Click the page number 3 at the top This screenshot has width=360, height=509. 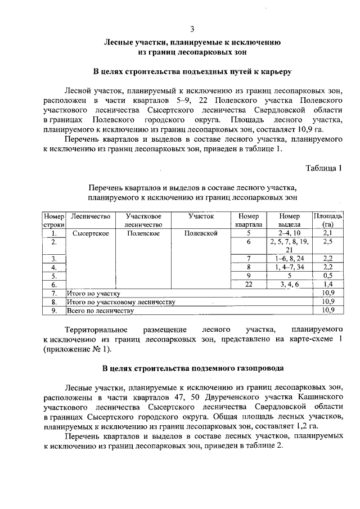192,29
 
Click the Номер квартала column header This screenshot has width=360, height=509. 248,220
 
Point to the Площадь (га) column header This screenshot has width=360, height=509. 328,220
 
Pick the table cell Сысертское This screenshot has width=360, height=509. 91,233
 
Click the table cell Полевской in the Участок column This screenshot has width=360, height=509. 201,233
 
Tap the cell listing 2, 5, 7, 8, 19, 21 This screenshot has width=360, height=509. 289,246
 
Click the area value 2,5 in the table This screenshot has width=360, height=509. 328,241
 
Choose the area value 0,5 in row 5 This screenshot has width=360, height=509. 328,276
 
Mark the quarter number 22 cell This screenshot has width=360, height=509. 248,285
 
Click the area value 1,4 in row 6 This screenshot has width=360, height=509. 328,285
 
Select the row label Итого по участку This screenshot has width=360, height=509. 93,293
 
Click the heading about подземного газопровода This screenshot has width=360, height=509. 192,368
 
